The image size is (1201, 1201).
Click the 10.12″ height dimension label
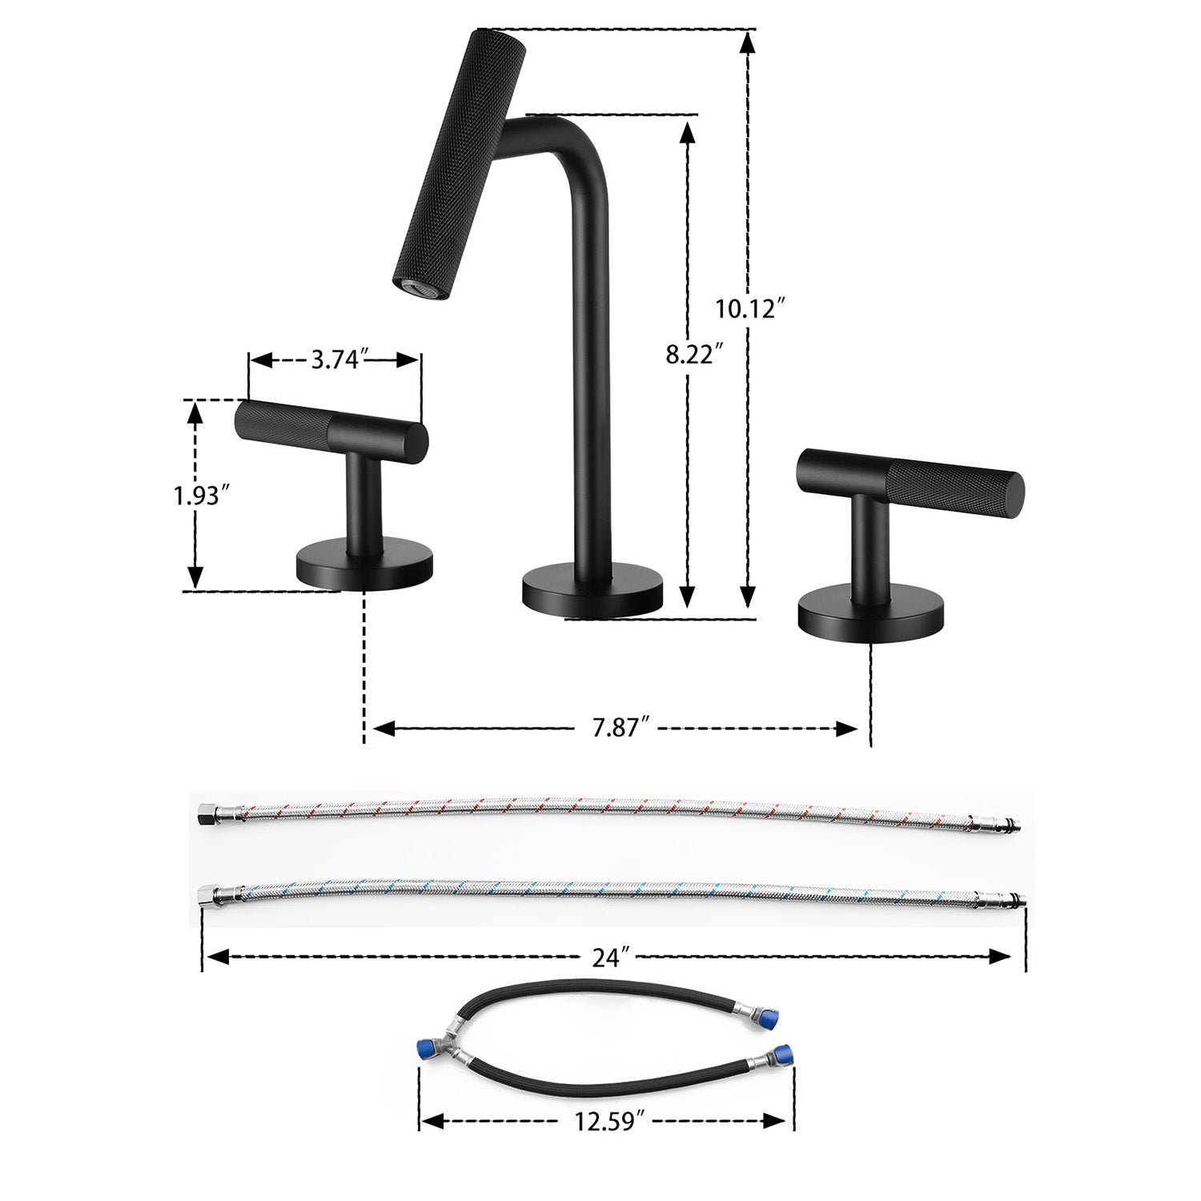pyautogui.click(x=746, y=307)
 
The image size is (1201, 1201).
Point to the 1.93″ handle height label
pyautogui.click(x=196, y=496)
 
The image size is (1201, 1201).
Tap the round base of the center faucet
pyautogui.click(x=592, y=592)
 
